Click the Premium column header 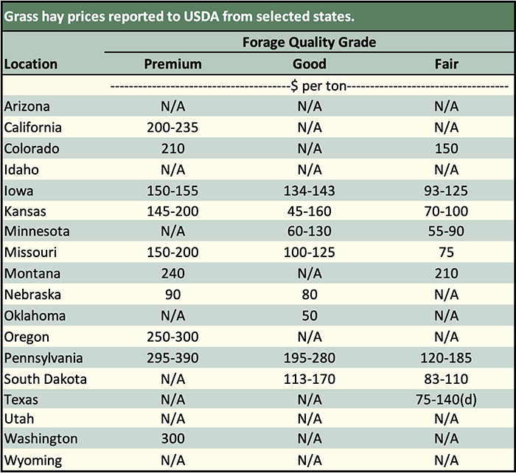click(172, 64)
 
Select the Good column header click(310, 64)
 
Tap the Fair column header click(447, 64)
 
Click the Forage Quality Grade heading click(310, 43)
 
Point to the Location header click(31, 64)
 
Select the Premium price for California click(172, 127)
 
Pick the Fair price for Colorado click(447, 148)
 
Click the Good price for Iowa click(310, 190)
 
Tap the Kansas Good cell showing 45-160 click(310, 211)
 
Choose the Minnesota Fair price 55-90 click(447, 232)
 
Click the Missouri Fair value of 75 click(447, 253)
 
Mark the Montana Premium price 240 click(172, 274)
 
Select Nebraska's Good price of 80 click(310, 295)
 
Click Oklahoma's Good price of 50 click(310, 316)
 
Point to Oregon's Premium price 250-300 click(172, 337)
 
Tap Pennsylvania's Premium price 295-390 click(172, 358)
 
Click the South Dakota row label click(46, 379)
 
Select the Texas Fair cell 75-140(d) click(447, 400)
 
